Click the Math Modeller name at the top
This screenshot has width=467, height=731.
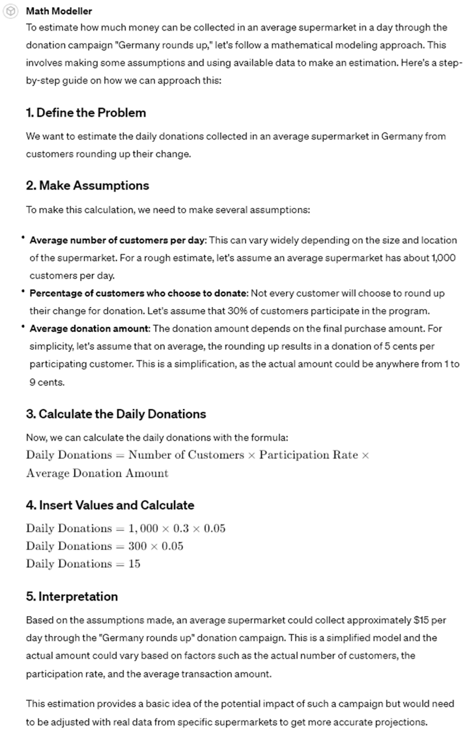59,11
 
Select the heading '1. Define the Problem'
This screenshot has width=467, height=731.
86,113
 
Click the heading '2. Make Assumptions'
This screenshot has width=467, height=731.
87,186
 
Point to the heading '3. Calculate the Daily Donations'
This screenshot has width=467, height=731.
116,414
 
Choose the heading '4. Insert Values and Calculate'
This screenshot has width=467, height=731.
110,505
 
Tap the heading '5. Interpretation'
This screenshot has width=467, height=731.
72,597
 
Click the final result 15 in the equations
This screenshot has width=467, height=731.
134,564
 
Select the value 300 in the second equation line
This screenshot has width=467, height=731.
138,546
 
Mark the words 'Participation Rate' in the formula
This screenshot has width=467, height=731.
308,455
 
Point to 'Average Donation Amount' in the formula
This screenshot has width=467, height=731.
97,473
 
